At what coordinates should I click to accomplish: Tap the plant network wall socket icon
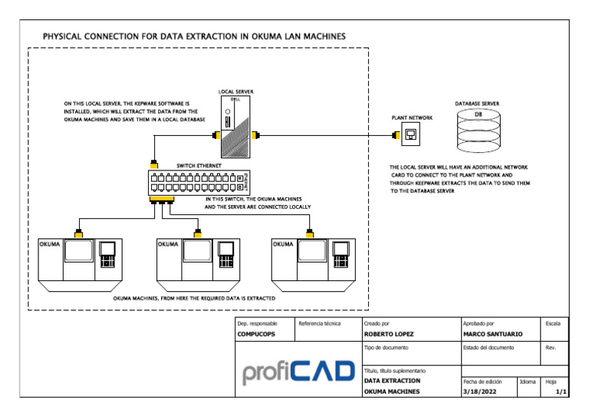[x=412, y=136]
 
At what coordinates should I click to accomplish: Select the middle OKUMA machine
[x=199, y=264]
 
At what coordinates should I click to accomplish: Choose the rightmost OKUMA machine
[x=313, y=264]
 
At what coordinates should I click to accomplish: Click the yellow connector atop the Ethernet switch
[x=154, y=165]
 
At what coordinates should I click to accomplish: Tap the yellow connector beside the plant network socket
[x=396, y=137]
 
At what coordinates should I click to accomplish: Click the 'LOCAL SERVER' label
[x=235, y=92]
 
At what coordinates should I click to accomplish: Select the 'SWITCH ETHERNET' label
[x=199, y=165]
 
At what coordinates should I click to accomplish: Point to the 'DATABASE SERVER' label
[x=477, y=102]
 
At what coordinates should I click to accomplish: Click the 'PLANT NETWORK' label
[x=412, y=117]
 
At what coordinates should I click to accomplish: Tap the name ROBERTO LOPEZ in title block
[x=390, y=335]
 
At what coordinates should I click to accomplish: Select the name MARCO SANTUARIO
[x=492, y=335]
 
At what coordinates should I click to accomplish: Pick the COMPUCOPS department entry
[x=256, y=335]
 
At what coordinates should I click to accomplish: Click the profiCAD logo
[x=298, y=372]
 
